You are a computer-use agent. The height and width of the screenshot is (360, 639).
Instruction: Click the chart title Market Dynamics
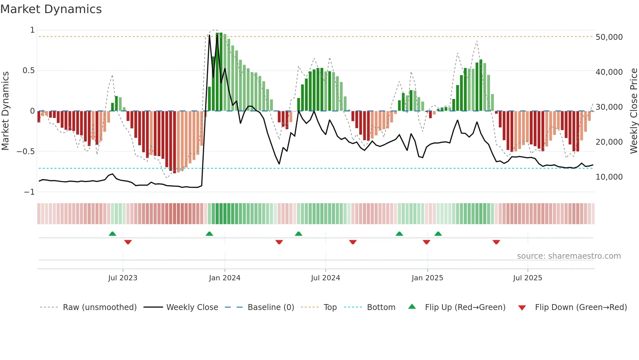[51, 9]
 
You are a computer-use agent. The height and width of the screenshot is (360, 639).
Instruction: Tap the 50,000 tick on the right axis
[609, 37]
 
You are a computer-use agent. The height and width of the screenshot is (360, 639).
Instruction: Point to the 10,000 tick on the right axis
[609, 177]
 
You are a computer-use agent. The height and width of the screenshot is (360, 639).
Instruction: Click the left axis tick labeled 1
[32, 30]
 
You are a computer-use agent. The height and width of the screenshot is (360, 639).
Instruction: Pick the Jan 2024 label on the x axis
[225, 278]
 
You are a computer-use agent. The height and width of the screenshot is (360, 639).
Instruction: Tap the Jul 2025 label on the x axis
[528, 278]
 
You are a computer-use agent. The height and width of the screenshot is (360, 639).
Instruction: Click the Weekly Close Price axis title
[633, 111]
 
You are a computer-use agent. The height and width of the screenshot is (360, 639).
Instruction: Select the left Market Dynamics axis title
[5, 111]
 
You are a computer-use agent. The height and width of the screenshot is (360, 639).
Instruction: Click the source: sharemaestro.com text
[569, 256]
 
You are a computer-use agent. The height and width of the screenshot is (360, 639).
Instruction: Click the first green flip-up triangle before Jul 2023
[112, 234]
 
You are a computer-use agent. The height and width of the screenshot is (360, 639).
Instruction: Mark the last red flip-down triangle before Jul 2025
[496, 242]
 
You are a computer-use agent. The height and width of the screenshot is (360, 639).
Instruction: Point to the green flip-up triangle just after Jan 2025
[438, 234]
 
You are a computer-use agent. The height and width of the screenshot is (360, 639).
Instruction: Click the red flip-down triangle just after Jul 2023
[128, 242]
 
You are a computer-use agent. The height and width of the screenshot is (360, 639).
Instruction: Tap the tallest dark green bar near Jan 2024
[221, 72]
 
